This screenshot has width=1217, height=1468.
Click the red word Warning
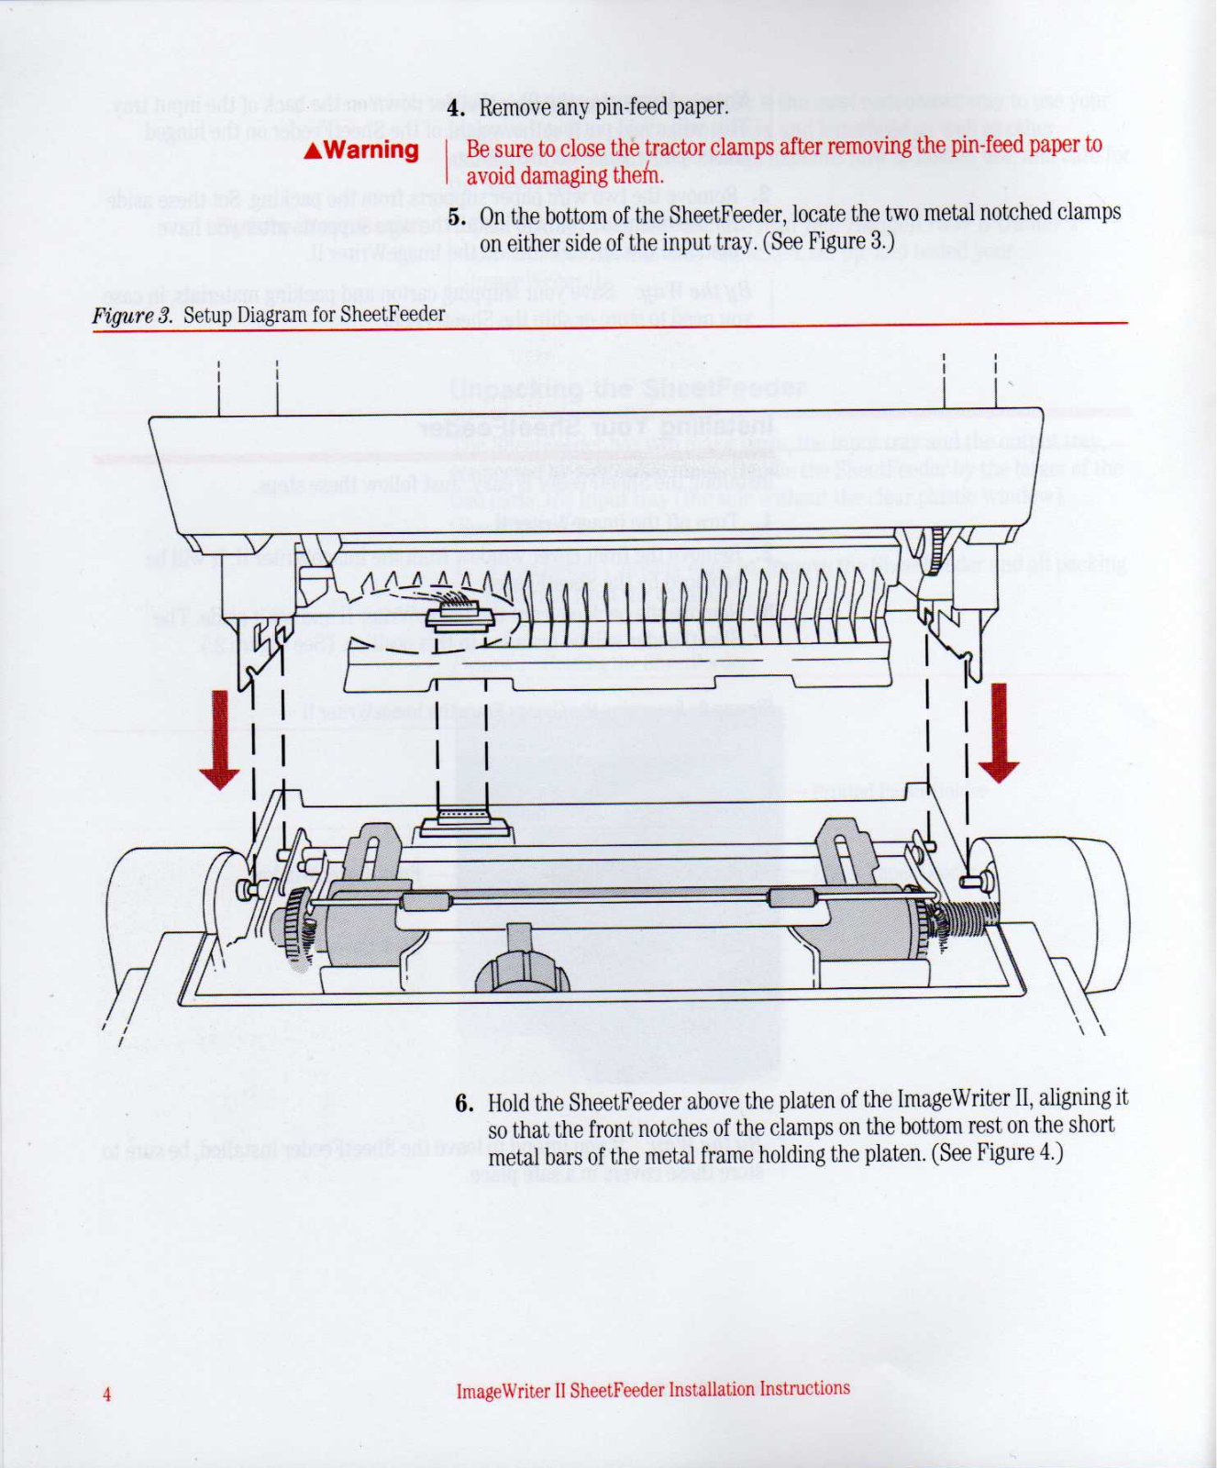coord(371,150)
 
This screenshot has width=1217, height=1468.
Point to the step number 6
coord(464,1103)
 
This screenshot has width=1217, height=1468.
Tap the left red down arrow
coord(220,740)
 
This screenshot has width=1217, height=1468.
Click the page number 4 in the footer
coord(106,1395)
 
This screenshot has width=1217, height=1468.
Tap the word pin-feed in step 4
coord(633,107)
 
